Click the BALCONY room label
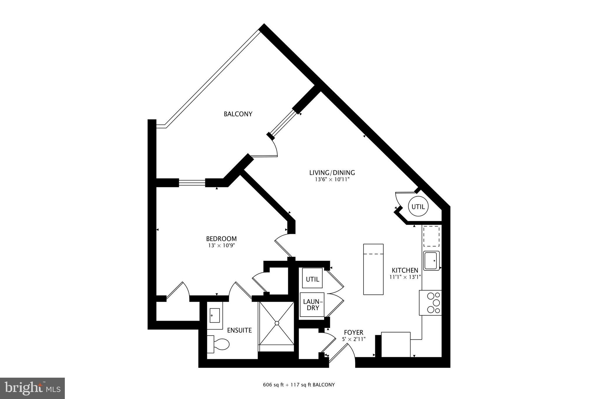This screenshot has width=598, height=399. (238, 114)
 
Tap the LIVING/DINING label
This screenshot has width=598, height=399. (332, 172)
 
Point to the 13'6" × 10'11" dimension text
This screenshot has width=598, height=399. (332, 180)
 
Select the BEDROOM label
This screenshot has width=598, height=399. (221, 239)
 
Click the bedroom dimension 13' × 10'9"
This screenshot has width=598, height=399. (221, 246)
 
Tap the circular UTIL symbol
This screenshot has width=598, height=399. (418, 207)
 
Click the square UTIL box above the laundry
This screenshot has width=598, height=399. (312, 279)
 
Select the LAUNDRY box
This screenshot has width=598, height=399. (312, 305)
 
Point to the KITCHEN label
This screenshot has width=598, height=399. (405, 270)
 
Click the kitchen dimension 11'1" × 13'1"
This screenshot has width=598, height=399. (405, 277)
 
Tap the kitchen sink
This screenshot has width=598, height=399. (432, 260)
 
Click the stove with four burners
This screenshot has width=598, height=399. (430, 303)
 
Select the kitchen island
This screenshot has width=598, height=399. (373, 269)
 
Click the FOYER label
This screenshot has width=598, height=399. (354, 332)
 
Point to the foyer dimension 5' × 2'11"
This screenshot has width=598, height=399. (354, 339)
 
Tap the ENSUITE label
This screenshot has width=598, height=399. (239, 330)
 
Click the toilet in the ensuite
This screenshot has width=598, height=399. (219, 344)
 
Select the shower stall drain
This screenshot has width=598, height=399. (276, 323)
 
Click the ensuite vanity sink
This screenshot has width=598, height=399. (215, 316)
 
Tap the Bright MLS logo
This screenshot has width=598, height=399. (32, 388)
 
